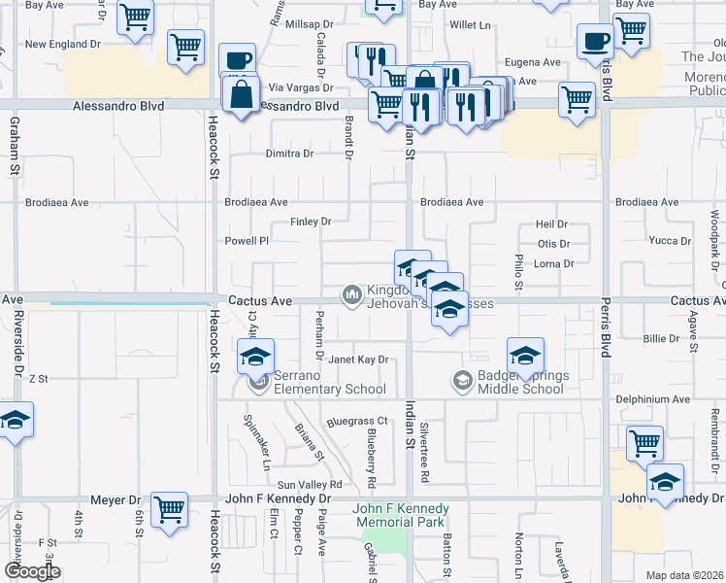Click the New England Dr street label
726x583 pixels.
pyautogui.click(x=63, y=45)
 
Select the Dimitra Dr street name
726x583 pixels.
pyautogui.click(x=290, y=154)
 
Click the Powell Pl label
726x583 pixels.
pyautogui.click(x=247, y=241)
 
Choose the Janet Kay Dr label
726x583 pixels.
pyautogui.click(x=357, y=360)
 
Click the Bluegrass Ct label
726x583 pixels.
pyautogui.click(x=357, y=422)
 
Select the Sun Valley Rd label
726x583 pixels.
pyautogui.click(x=311, y=484)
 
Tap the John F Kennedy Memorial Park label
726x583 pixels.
pyautogui.click(x=401, y=515)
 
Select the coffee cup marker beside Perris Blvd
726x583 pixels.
pyautogui.click(x=595, y=41)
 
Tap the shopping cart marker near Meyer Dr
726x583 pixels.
pyautogui.click(x=169, y=509)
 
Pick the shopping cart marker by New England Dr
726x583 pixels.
pyautogui.click(x=184, y=46)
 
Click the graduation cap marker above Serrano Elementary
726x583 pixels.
pyautogui.click(x=256, y=356)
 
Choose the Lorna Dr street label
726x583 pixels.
pyautogui.click(x=554, y=263)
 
